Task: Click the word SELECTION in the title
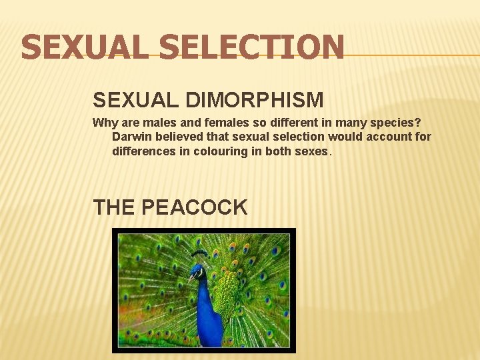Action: click(252, 48)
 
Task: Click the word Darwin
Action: click(131, 137)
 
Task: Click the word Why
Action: click(103, 123)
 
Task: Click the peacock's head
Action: click(197, 271)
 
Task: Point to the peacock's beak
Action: click(190, 277)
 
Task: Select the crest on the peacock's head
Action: click(199, 255)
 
